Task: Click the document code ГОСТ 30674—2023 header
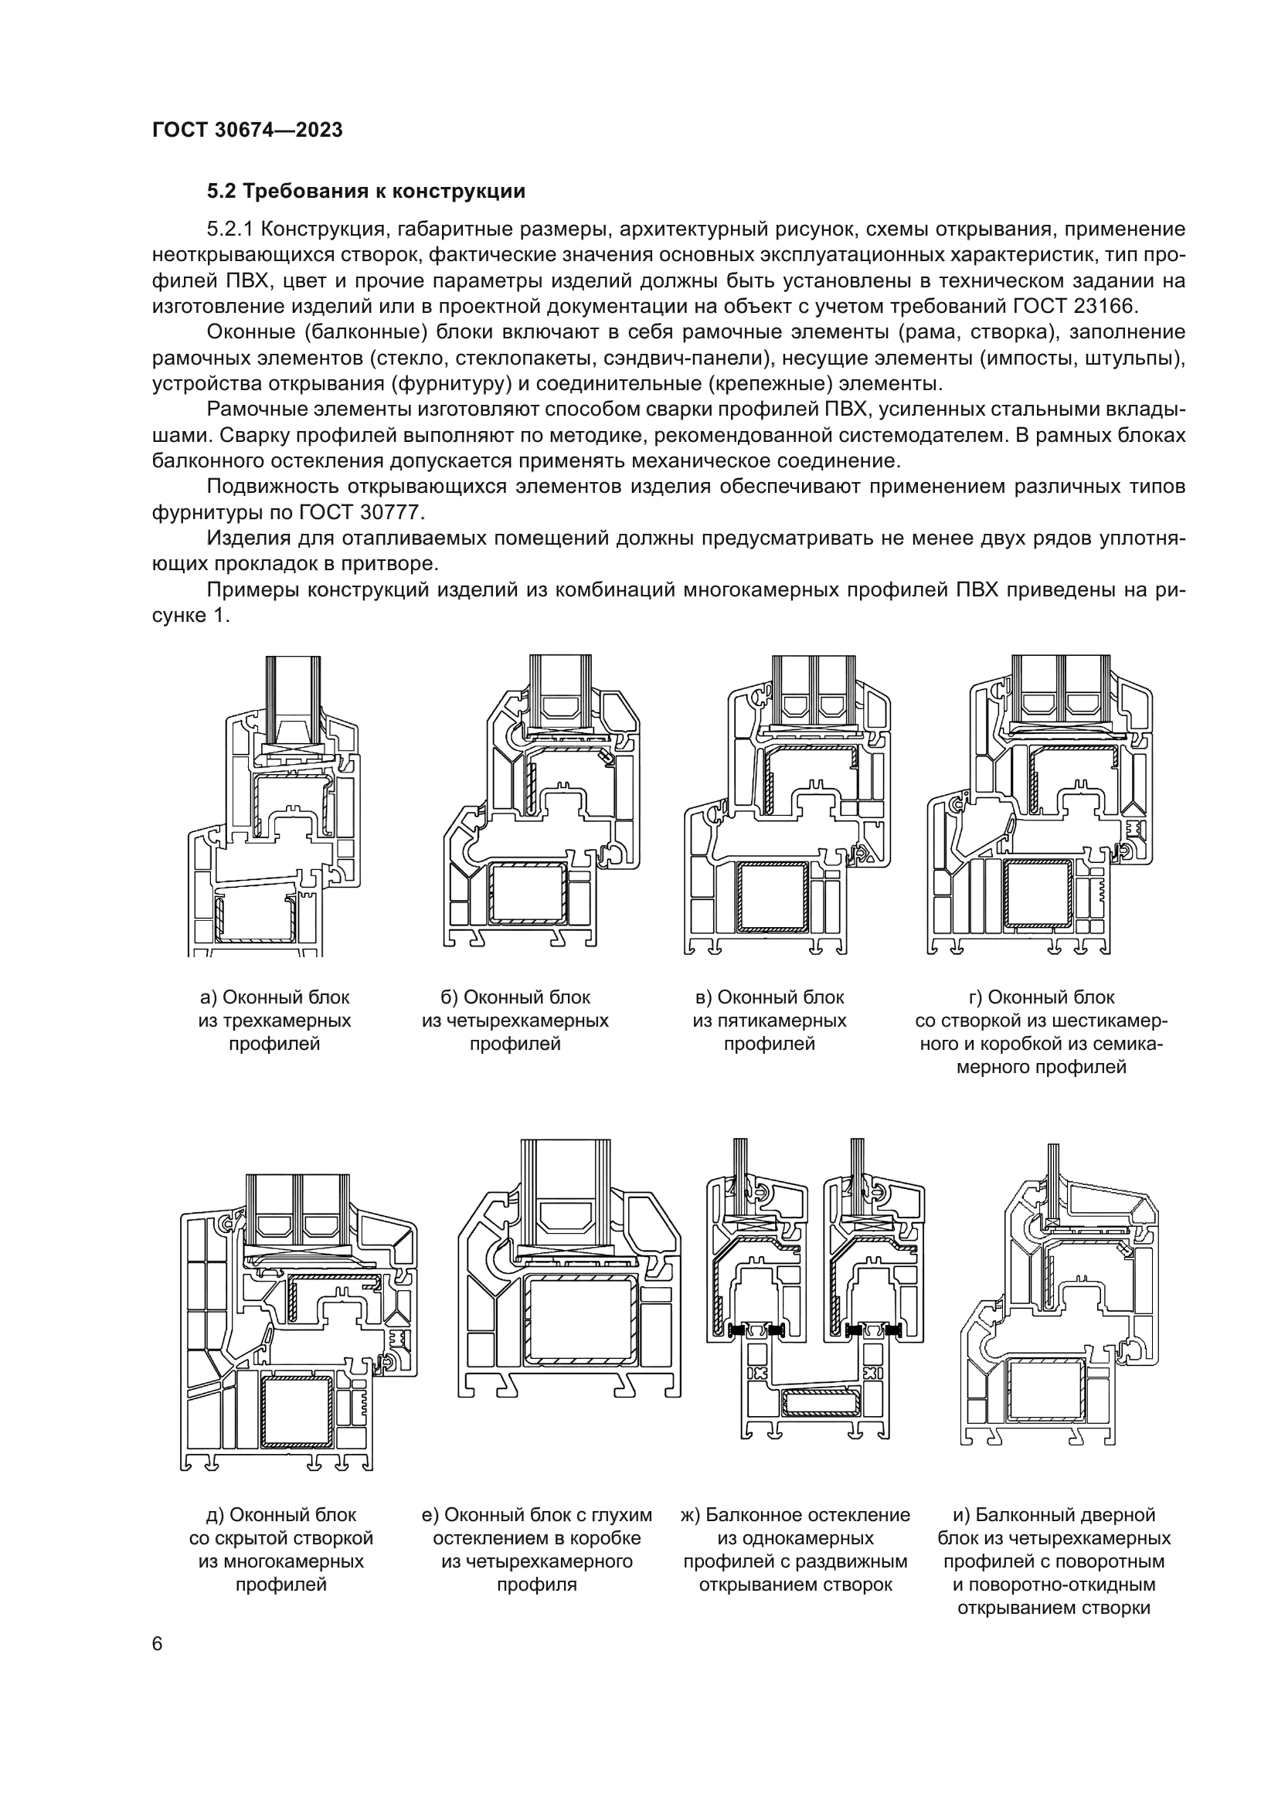point(247,131)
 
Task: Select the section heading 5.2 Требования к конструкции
point(365,192)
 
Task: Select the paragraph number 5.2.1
point(229,229)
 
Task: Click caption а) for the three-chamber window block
point(274,1021)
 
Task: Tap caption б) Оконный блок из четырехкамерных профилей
point(515,1021)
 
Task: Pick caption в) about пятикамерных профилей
point(769,1021)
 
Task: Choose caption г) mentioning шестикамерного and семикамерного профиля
point(1041,1032)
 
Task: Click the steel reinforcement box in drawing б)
point(527,894)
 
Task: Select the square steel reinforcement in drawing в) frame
point(774,897)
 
